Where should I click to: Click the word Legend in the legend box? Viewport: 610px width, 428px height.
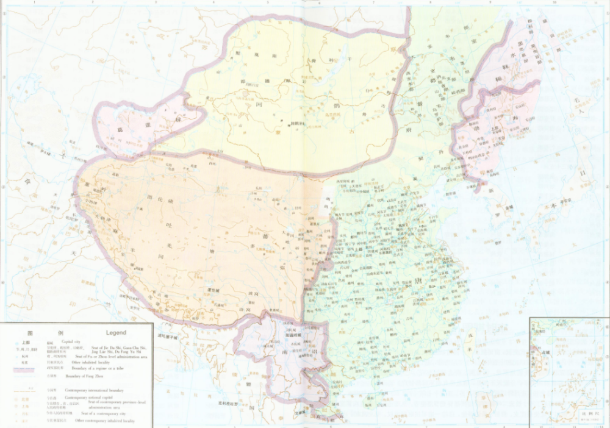pos(115,333)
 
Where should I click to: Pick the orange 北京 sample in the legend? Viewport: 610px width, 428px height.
pos(26,397)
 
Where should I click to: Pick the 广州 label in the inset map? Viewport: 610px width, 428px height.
pos(539,332)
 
